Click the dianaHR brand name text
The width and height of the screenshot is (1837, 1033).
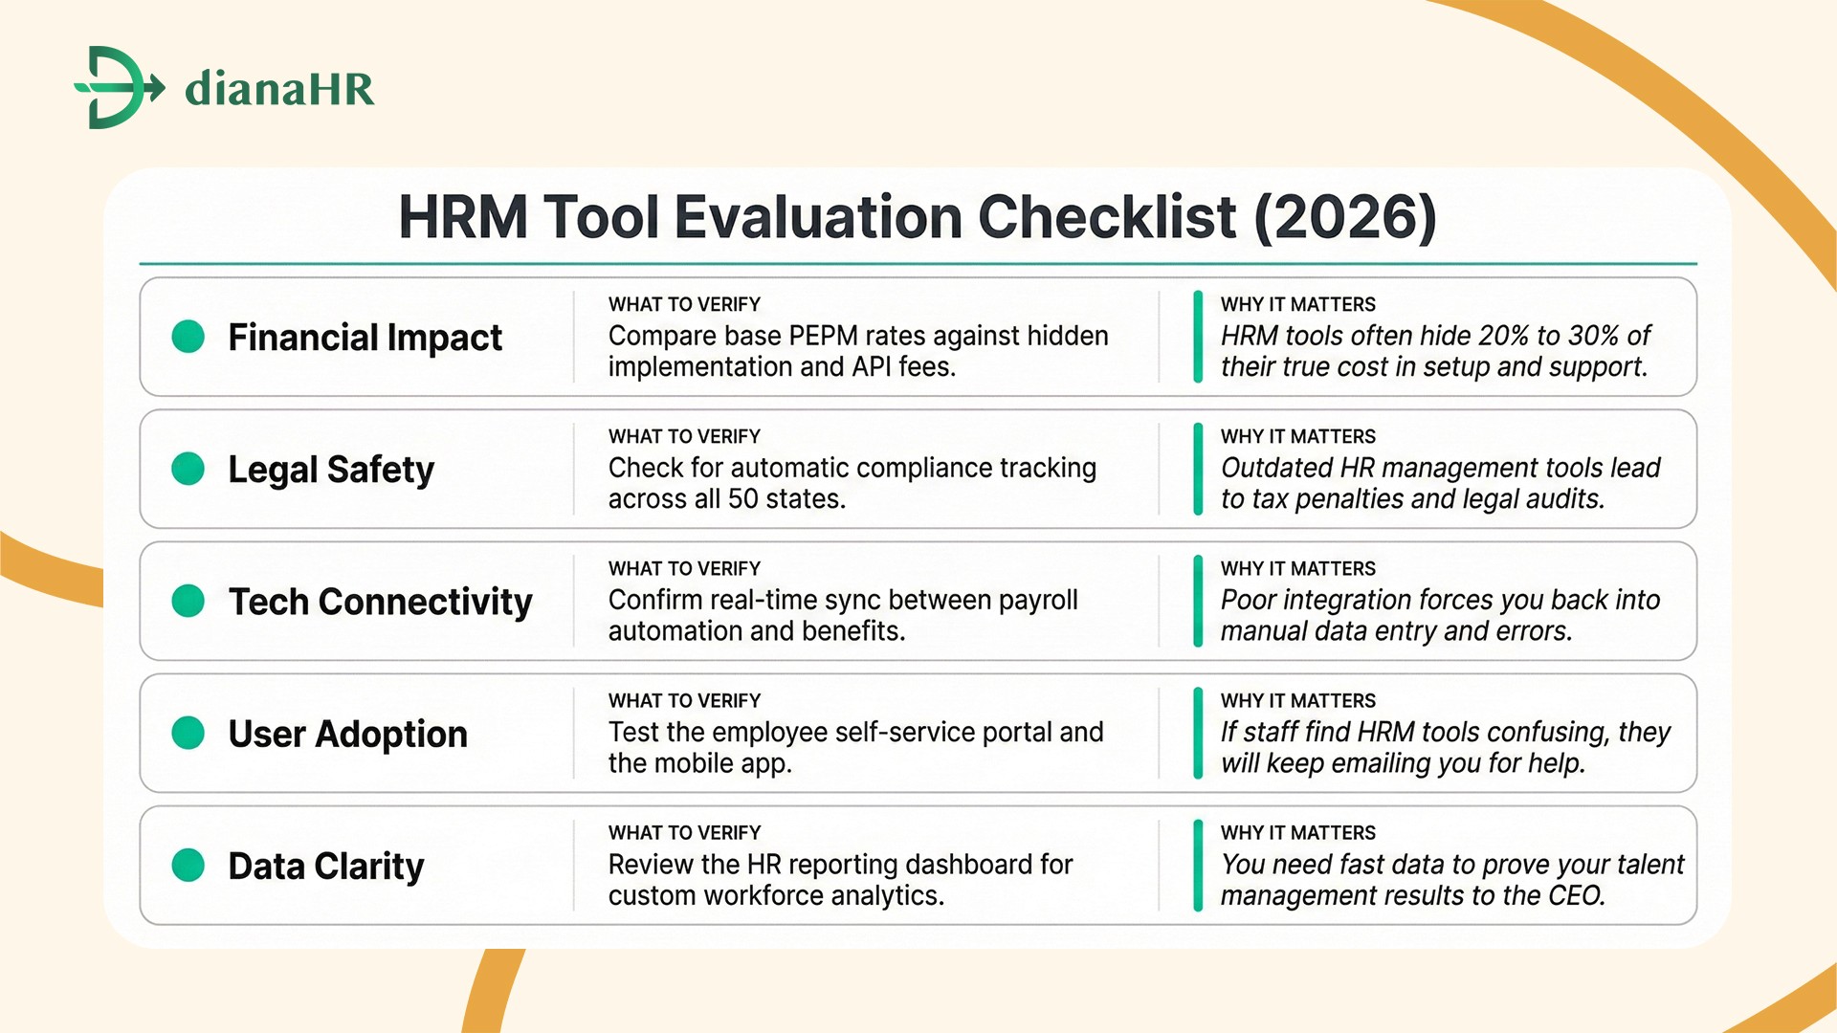pyautogui.click(x=278, y=89)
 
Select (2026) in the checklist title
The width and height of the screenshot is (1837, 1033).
pyautogui.click(x=1344, y=217)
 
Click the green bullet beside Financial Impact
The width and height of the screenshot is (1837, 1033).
pyautogui.click(x=188, y=337)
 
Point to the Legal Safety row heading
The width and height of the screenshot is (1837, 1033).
pyautogui.click(x=330, y=470)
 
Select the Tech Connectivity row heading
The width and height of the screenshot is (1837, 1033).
pyautogui.click(x=380, y=602)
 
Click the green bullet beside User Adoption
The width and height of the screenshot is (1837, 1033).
pyautogui.click(x=188, y=734)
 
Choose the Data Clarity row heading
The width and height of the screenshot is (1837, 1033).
pyautogui.click(x=325, y=866)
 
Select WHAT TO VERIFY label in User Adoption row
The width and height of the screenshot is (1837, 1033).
pyautogui.click(x=684, y=701)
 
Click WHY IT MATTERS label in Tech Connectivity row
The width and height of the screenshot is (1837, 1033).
pyautogui.click(x=1297, y=569)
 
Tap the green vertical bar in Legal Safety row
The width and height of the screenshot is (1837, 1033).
pyautogui.click(x=1198, y=470)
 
